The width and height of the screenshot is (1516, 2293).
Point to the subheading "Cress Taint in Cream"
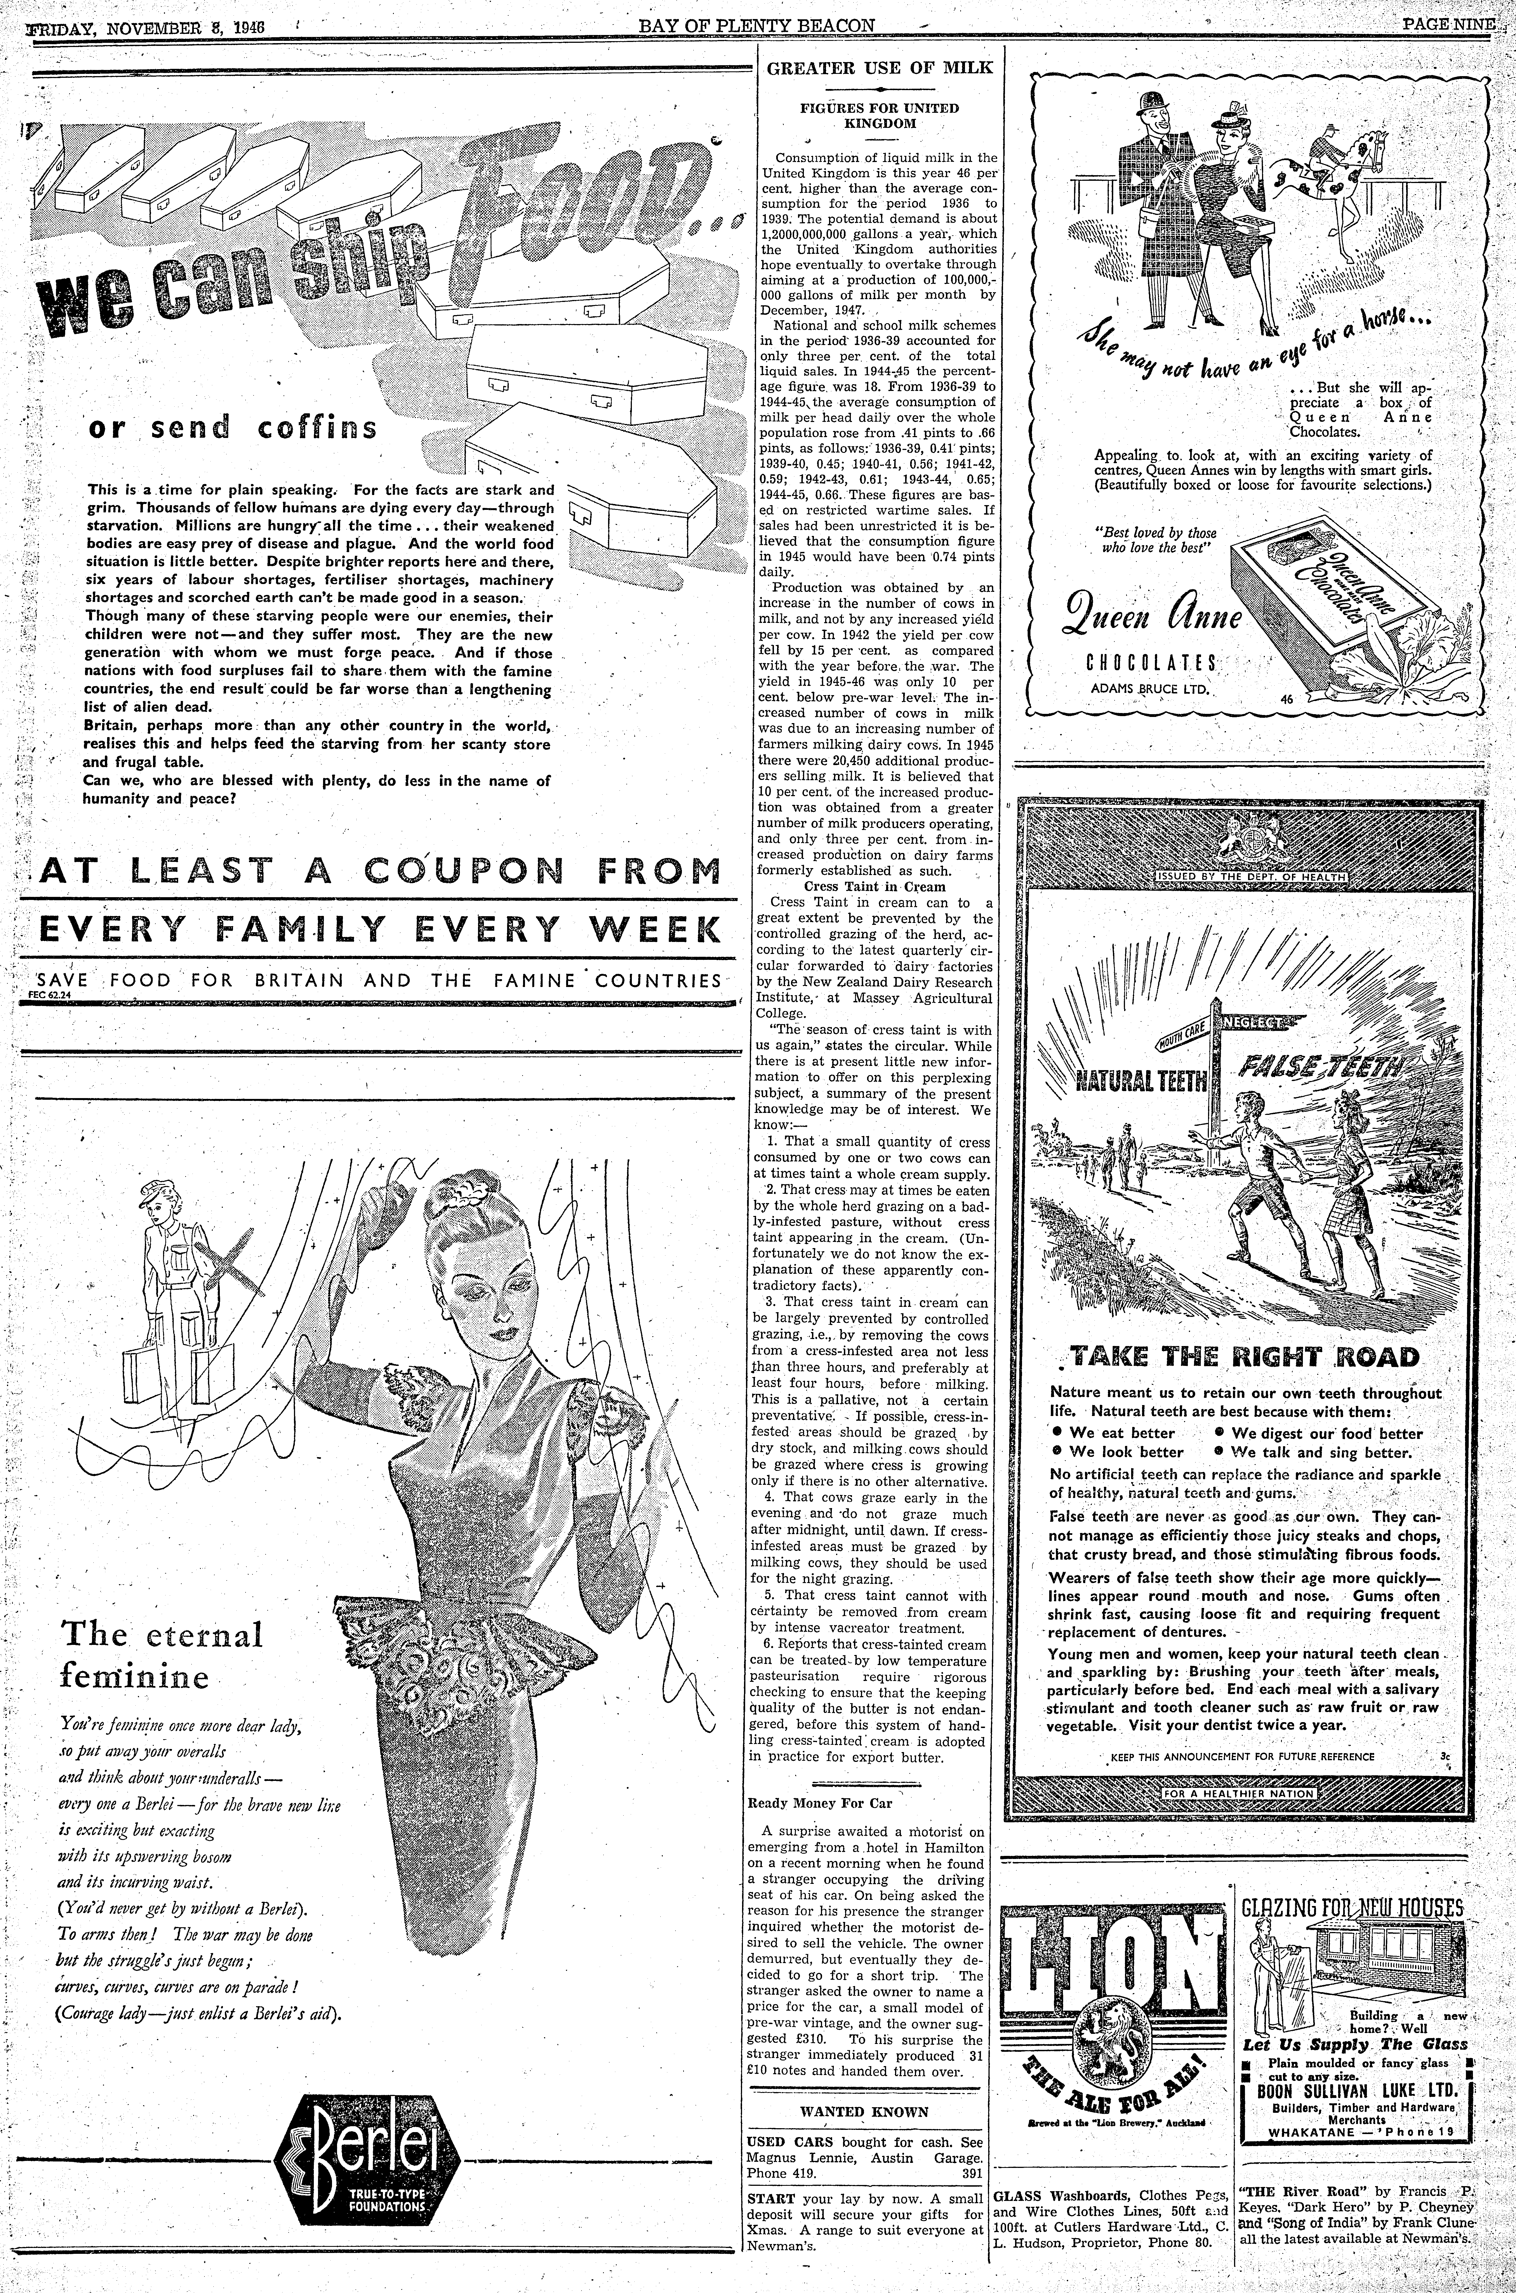point(875,886)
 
